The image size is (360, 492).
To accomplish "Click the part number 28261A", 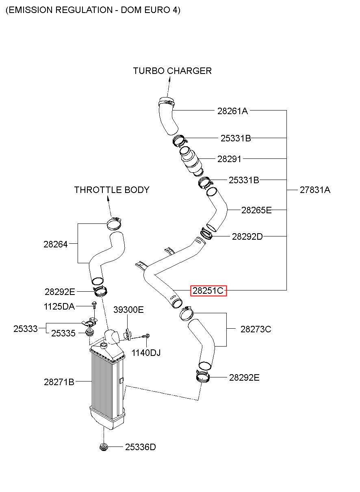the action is (232, 111).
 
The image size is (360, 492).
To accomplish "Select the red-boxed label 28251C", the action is (208, 290).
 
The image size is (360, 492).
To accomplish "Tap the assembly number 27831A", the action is (315, 190).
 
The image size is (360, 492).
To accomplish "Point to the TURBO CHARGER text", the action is (172, 71).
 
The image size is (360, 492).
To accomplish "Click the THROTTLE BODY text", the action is (112, 190).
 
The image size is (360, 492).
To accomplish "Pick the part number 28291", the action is (229, 159).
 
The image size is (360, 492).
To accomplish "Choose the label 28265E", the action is (256, 210).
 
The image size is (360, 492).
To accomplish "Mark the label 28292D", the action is (247, 236).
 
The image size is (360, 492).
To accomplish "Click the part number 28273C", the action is (256, 329).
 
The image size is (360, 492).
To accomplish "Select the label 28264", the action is (55, 244).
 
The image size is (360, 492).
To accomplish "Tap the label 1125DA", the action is (59, 306).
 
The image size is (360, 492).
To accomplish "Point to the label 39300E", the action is (128, 310).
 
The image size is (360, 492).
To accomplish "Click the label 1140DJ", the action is (146, 353).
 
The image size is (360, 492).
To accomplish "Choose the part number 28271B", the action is (59, 382).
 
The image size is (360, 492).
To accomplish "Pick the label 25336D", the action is (140, 447).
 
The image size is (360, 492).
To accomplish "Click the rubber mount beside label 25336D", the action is (104, 447).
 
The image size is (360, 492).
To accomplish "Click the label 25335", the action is (63, 334).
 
